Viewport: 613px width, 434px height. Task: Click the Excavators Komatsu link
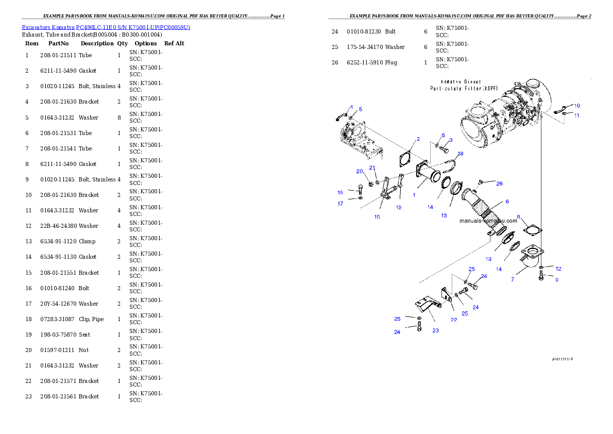point(48,27)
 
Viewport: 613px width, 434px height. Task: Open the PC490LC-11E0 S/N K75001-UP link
point(133,27)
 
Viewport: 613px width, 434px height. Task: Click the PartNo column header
point(58,43)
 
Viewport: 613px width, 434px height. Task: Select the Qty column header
point(123,43)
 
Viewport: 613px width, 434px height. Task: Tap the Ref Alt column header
point(174,43)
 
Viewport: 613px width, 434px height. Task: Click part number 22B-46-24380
point(59,226)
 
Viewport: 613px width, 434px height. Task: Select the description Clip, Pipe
point(91,319)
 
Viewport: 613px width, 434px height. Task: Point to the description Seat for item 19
point(84,335)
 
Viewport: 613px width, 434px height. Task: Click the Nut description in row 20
point(83,350)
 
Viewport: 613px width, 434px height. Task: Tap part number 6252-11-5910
point(365,62)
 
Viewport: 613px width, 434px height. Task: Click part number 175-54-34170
point(365,47)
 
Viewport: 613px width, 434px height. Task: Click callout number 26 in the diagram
point(499,183)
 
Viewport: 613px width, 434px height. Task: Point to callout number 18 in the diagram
point(460,154)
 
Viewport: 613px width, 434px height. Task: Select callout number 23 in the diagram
point(435,331)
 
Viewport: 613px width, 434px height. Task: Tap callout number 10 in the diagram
point(577,106)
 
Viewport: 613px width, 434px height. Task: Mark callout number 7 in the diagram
point(513,279)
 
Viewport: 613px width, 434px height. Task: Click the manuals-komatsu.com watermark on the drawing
point(488,221)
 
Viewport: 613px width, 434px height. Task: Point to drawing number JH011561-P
point(563,359)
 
